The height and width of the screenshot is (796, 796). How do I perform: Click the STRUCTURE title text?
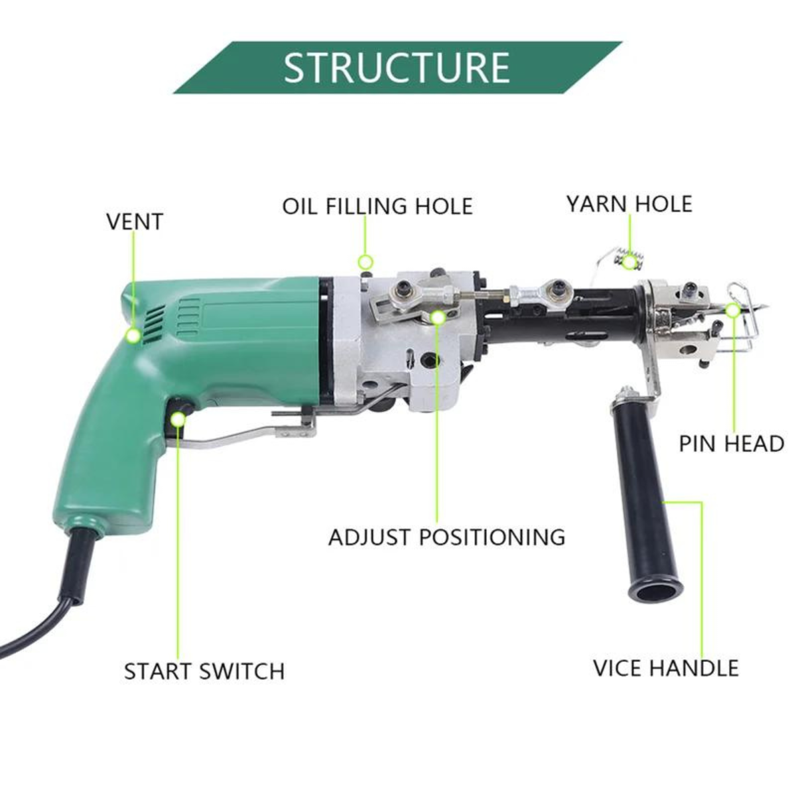coord(397,68)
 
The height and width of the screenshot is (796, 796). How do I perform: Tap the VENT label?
coord(135,222)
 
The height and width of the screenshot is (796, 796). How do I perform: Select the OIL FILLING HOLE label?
coord(377,206)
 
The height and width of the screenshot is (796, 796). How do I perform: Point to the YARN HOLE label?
coord(629,204)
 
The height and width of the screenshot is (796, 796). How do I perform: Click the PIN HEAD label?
coord(732,444)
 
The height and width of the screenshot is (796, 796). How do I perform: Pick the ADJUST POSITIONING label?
coord(446,537)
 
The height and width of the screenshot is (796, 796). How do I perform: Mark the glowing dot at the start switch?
coord(178,420)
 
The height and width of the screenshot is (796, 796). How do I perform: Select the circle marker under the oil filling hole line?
coord(365,261)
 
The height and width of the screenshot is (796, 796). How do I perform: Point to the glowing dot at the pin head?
coord(733,310)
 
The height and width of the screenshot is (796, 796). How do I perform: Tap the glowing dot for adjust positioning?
coord(438,317)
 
